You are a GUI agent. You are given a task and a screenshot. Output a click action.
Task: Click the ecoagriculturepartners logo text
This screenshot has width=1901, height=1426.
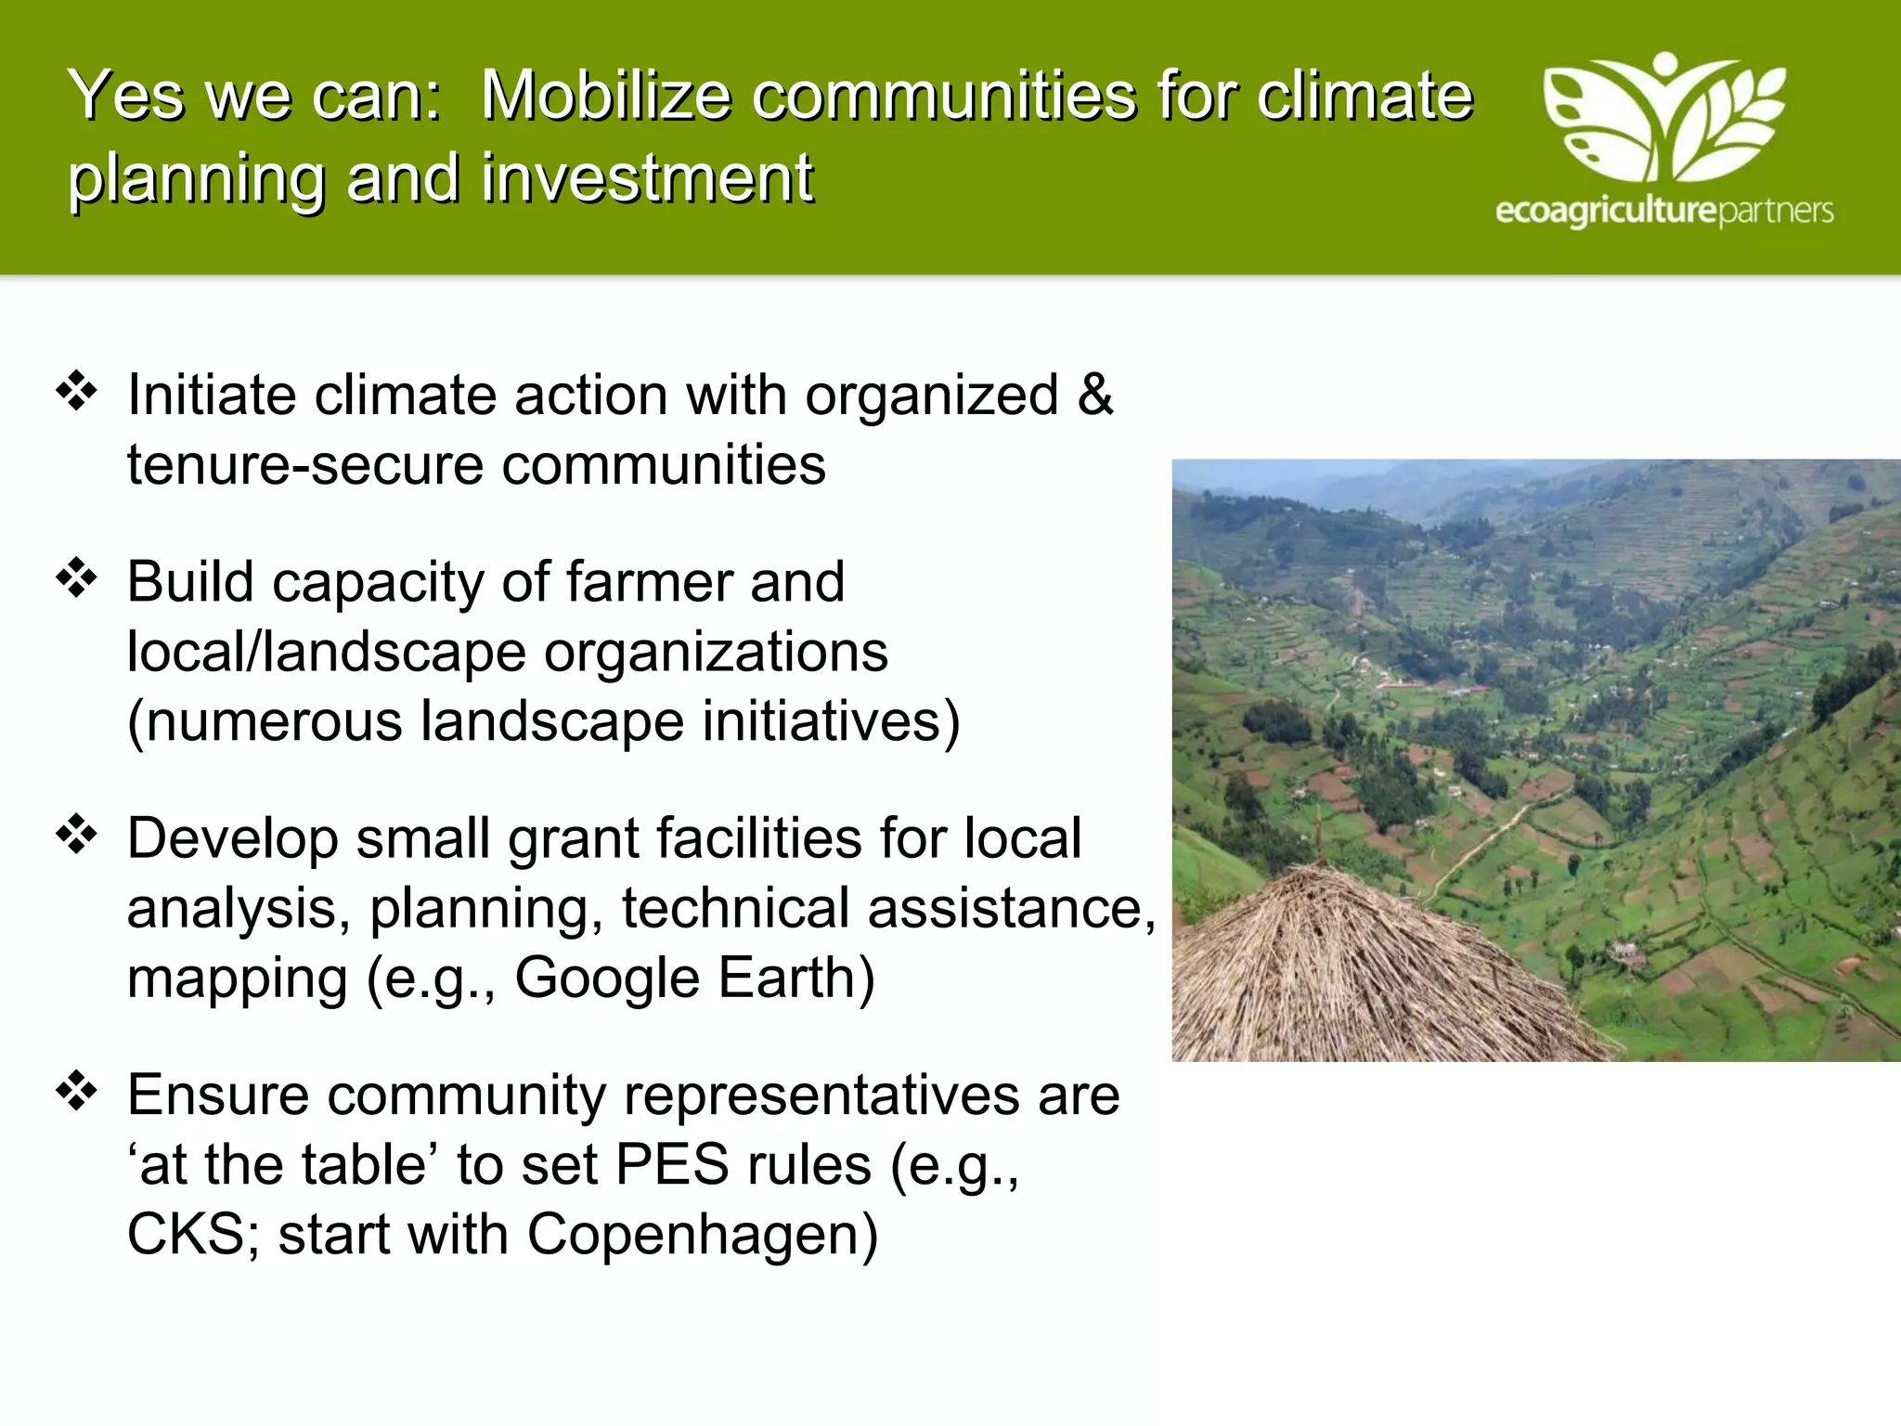[1663, 212]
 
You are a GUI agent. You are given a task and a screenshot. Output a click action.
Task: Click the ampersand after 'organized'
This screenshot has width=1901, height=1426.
[1095, 395]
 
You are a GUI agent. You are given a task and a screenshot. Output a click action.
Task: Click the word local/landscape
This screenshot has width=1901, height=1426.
[326, 652]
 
